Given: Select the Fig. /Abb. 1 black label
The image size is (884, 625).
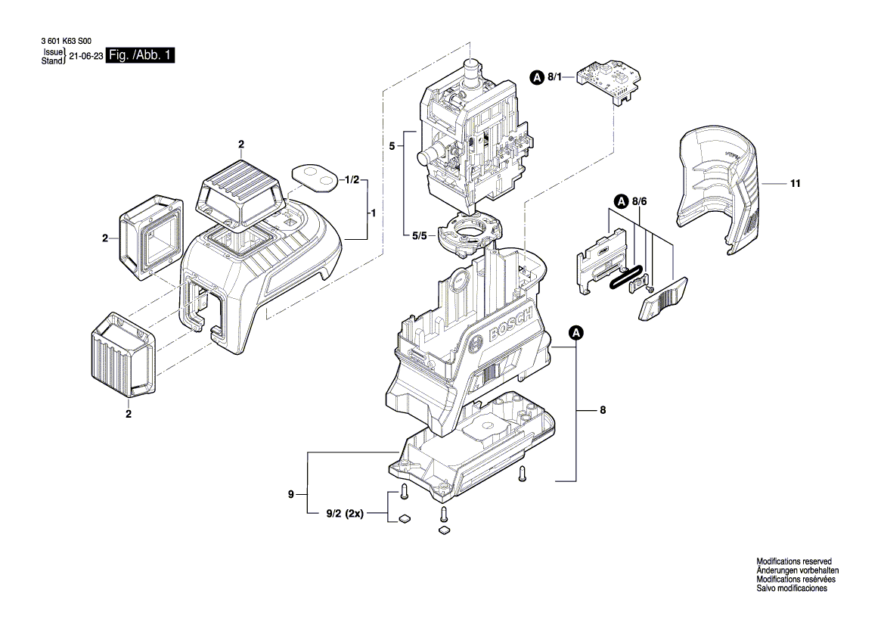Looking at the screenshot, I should [141, 56].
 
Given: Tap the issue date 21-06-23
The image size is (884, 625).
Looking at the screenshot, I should [85, 57].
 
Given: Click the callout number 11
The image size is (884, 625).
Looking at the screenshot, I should [796, 184].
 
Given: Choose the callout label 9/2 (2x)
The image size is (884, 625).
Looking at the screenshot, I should [345, 514].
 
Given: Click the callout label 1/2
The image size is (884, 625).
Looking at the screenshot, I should [351, 180].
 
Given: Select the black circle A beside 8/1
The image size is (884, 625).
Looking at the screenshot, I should [536, 76].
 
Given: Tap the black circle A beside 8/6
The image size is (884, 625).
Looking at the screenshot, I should [621, 201].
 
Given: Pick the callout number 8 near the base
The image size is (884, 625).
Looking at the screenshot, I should [602, 411].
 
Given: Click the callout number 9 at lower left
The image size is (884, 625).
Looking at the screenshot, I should [290, 495].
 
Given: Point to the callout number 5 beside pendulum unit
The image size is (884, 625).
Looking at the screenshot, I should [392, 145].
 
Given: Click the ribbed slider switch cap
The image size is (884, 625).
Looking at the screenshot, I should [663, 299].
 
